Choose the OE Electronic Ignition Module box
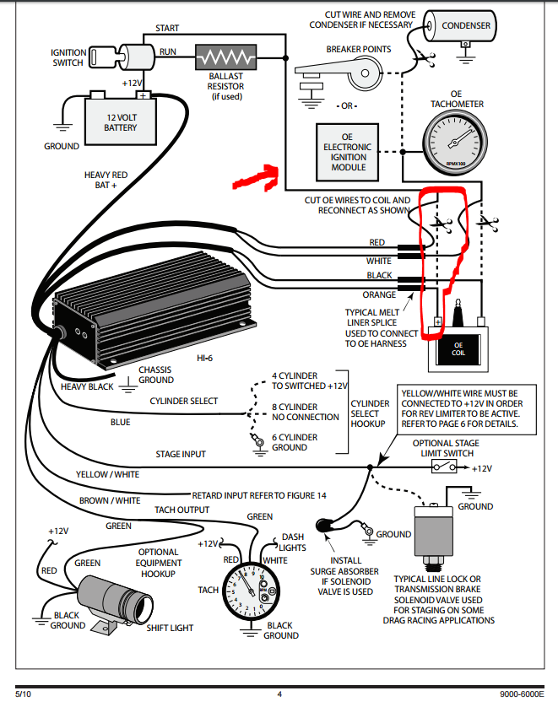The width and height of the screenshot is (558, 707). (348, 151)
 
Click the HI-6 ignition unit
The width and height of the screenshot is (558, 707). (152, 316)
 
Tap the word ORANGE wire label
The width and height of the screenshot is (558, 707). (380, 295)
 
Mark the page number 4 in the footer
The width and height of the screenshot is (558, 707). (279, 694)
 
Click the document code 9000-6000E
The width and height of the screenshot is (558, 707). (523, 694)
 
